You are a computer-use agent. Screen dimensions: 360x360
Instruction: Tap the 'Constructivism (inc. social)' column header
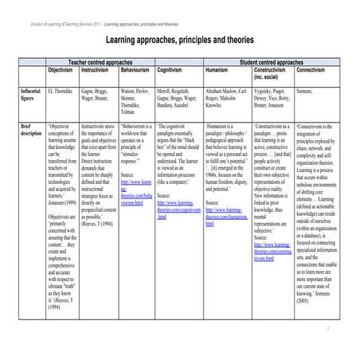(274, 72)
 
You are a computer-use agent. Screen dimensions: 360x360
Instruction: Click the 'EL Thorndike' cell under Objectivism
(61, 92)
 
